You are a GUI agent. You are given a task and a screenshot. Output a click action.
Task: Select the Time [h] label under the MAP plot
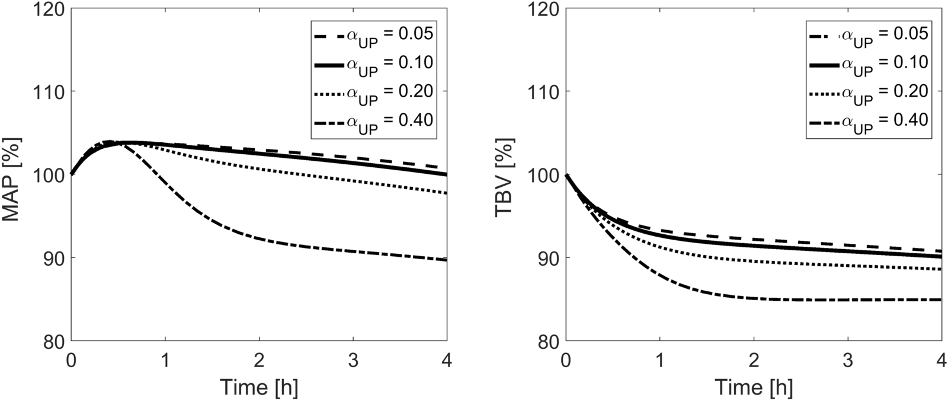pos(259,387)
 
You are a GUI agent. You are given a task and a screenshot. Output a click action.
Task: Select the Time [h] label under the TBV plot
pos(754,387)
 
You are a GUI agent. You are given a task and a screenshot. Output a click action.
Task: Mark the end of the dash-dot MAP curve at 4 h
pos(446,260)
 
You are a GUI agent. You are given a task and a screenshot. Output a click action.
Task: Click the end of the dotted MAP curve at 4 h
pos(446,193)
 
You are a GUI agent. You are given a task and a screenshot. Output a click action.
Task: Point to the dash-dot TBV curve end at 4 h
pos(941,300)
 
